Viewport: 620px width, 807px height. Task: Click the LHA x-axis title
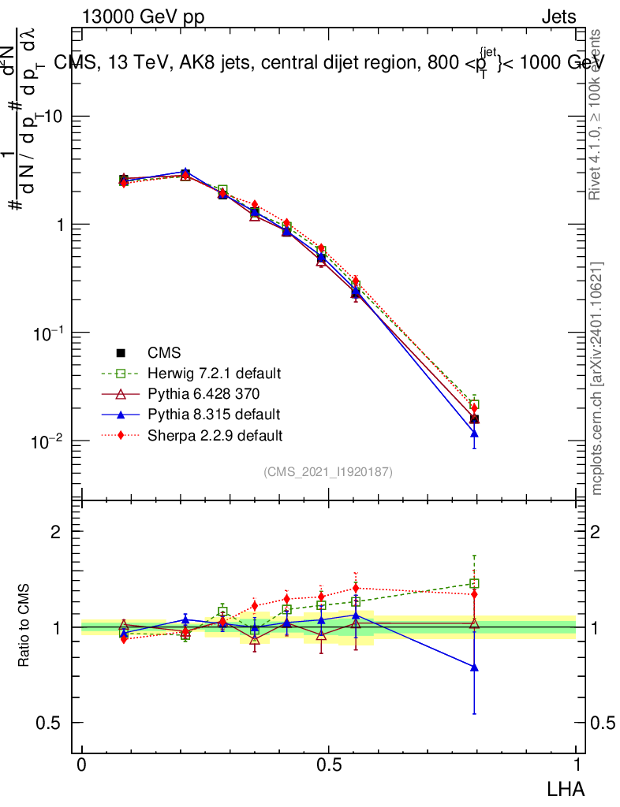(x=566, y=787)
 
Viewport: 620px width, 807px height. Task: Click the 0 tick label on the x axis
(x=82, y=765)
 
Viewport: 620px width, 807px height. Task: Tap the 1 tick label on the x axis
(x=576, y=765)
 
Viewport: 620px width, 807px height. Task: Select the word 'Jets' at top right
(x=558, y=17)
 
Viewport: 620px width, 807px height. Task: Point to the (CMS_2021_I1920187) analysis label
(x=328, y=471)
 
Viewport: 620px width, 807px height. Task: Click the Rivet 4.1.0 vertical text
(x=597, y=114)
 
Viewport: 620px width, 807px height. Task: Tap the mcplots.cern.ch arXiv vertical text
(x=597, y=378)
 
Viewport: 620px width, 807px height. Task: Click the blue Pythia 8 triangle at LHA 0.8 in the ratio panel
(x=474, y=667)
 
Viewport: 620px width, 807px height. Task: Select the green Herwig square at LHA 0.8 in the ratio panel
(x=474, y=584)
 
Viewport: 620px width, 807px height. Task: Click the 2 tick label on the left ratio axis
(x=56, y=532)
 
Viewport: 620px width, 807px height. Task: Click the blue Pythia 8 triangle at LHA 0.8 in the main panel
(x=474, y=433)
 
